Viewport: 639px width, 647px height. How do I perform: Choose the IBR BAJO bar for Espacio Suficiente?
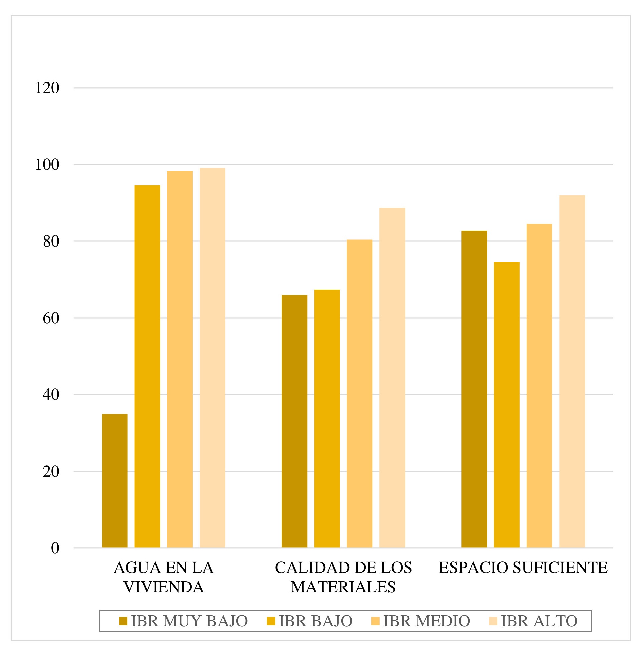[506, 405]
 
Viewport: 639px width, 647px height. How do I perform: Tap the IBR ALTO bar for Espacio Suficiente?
[572, 371]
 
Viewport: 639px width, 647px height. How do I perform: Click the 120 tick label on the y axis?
[47, 88]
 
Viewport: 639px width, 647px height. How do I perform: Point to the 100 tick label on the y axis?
[47, 164]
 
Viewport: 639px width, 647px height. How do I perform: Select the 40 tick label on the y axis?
[51, 394]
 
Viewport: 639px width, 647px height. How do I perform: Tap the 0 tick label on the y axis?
[55, 548]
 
